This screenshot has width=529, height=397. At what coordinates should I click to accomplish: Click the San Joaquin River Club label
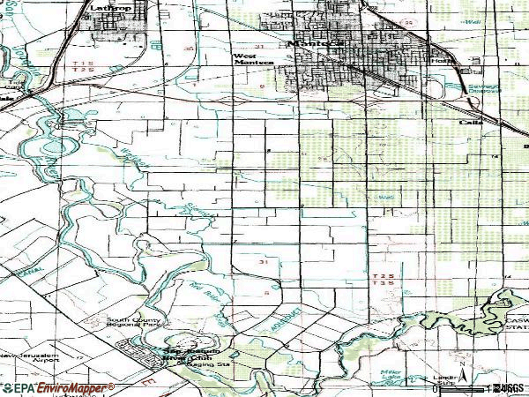pos(189,354)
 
